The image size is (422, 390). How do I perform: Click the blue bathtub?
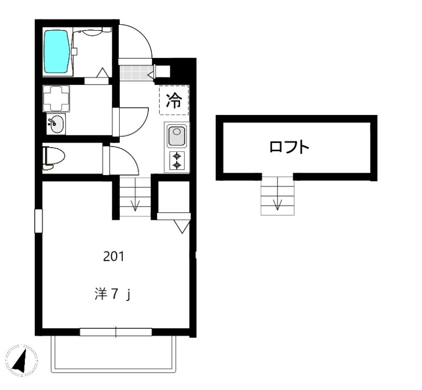[x=56, y=51]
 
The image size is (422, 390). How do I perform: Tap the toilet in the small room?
[x=54, y=157]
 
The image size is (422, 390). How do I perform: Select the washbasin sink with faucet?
[x=55, y=125]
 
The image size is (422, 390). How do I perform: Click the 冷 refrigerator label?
[x=174, y=100]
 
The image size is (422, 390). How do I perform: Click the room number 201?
[x=113, y=257]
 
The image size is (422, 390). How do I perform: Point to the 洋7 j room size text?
[x=111, y=294]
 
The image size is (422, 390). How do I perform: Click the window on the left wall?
[x=38, y=220]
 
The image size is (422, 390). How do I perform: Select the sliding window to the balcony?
[x=116, y=331]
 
